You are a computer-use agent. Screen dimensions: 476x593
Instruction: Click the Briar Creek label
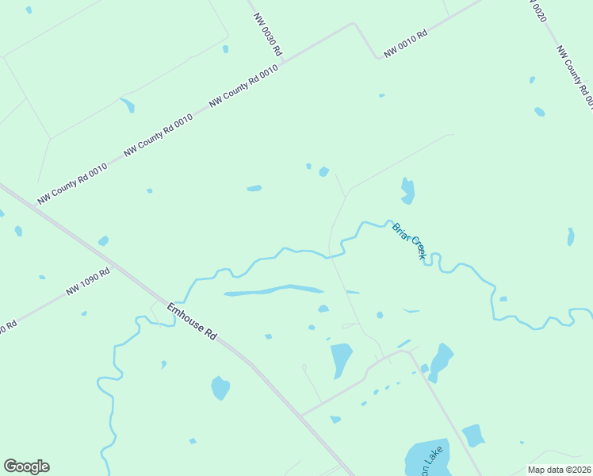point(409,241)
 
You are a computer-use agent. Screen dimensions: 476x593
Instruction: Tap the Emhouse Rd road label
point(192,321)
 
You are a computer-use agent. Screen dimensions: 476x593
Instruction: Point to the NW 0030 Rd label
point(268,33)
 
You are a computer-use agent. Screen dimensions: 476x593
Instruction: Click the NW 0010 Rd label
point(406,44)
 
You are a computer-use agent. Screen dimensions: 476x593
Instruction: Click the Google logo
point(26,466)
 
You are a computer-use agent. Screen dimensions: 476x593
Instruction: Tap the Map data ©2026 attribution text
point(560,470)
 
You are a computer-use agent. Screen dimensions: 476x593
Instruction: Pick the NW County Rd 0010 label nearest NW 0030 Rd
point(243,86)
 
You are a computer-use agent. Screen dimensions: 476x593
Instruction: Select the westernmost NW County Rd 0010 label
point(72,183)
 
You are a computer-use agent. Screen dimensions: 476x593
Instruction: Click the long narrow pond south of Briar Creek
point(274,290)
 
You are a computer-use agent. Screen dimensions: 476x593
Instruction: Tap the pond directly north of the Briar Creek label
point(407,190)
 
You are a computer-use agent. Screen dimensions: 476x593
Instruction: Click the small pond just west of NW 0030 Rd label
point(226,49)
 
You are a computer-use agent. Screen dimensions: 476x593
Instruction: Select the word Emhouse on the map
point(181,313)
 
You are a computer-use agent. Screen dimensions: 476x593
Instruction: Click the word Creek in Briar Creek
point(417,249)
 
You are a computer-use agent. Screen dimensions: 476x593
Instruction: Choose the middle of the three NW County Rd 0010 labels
point(158,135)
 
